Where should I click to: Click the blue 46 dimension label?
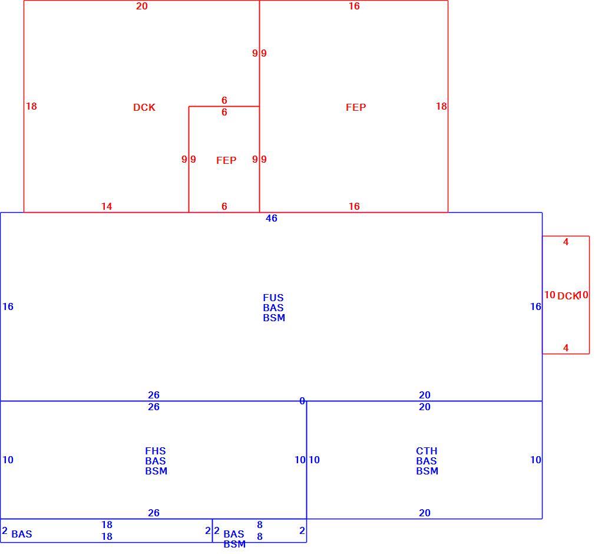tap(272, 218)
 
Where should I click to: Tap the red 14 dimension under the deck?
tap(107, 206)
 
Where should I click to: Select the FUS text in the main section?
tap(273, 298)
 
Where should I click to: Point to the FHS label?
tap(156, 451)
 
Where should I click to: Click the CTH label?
tap(427, 451)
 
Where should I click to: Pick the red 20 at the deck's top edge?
tap(142, 6)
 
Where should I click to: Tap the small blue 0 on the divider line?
tap(302, 401)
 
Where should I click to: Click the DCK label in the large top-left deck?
tap(144, 107)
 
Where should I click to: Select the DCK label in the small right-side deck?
tap(568, 296)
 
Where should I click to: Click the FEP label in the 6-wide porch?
tap(226, 160)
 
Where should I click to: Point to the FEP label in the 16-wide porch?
tap(356, 107)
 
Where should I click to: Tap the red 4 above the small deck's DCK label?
tap(566, 242)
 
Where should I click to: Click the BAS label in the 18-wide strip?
tap(22, 534)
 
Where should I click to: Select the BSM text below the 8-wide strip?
tap(234, 544)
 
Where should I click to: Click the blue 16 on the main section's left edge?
tap(8, 306)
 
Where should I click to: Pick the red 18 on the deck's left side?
tap(31, 106)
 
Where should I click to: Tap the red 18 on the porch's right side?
tap(441, 106)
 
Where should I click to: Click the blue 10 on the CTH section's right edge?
tap(536, 460)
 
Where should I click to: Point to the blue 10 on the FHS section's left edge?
tap(8, 460)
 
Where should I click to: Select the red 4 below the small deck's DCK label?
tap(566, 348)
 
